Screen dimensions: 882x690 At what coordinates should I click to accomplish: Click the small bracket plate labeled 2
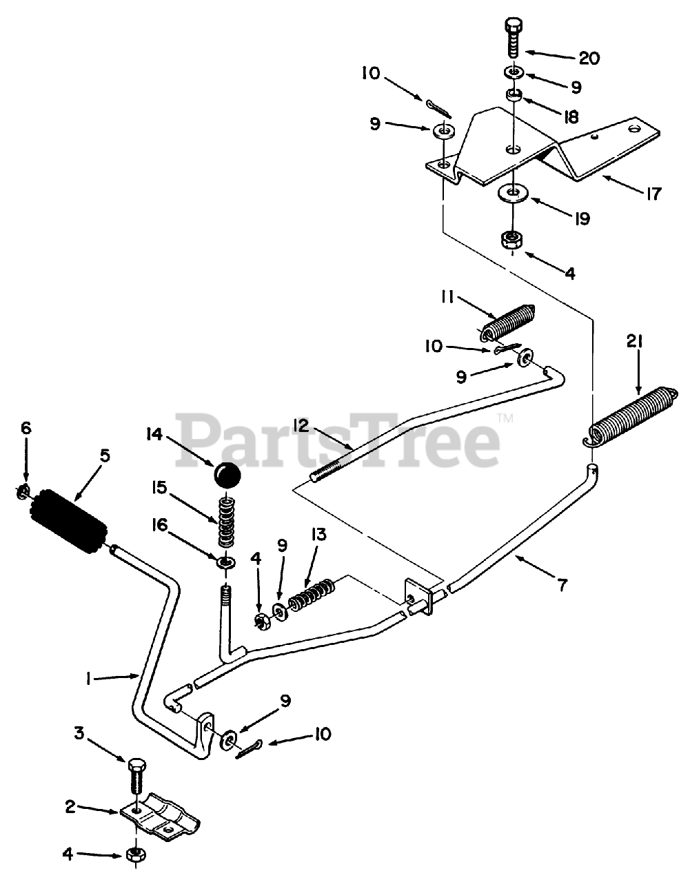tap(161, 818)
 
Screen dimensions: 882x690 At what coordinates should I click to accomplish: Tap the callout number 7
tap(562, 586)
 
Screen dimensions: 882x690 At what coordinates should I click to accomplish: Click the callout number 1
tap(88, 679)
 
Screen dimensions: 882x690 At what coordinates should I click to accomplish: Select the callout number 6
tap(26, 428)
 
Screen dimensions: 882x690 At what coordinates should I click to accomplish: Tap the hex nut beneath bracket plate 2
tap(134, 855)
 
